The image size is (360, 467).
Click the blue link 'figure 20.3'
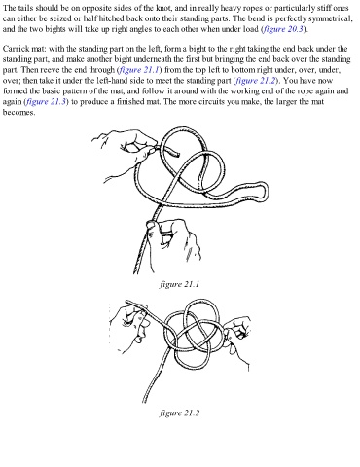point(283,29)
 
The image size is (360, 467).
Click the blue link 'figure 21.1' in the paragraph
point(139,70)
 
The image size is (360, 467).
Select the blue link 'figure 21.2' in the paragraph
point(256,81)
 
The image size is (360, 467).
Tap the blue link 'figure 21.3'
point(46,102)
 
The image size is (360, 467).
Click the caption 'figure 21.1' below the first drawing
point(179,284)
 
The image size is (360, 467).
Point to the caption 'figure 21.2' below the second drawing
point(179,413)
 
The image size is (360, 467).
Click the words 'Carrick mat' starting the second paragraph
point(24,49)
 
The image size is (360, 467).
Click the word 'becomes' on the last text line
point(18,113)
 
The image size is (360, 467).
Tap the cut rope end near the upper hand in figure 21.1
point(177,154)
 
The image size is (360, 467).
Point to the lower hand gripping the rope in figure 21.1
point(172,240)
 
